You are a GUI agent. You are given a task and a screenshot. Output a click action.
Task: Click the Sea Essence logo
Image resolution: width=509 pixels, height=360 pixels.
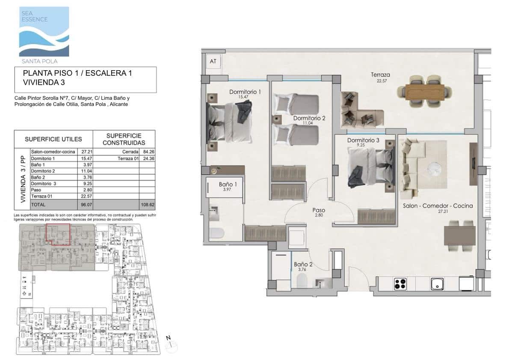click(44, 32)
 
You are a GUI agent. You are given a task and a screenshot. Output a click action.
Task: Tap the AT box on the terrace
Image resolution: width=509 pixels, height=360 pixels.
click(213, 61)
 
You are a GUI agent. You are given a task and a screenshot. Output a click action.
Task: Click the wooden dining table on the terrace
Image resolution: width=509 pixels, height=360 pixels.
click(425, 91)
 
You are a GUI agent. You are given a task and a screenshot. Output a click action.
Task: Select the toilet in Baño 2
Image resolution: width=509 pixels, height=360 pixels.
click(302, 281)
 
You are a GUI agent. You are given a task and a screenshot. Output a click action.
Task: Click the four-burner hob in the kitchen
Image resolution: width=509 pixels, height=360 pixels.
click(400, 284)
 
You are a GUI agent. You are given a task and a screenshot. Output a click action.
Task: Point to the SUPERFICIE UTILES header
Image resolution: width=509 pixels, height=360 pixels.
click(53, 139)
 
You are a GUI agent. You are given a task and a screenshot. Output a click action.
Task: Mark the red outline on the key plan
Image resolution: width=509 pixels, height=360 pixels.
click(58, 234)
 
